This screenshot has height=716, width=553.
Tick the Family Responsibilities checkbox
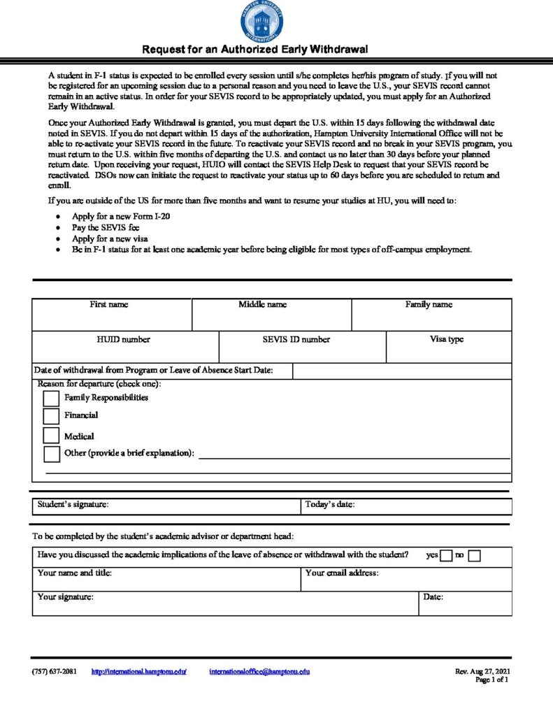coord(51,399)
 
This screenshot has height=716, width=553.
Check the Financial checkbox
coord(51,416)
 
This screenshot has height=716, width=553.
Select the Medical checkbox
coord(51,436)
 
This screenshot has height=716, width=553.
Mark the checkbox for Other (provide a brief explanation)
coord(51,454)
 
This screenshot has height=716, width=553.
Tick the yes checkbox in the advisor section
coord(446,556)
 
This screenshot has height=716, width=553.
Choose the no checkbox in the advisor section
coord(474,556)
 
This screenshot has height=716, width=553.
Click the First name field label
coord(109,305)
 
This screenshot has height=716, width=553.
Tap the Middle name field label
coord(262,305)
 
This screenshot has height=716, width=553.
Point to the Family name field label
coord(429,305)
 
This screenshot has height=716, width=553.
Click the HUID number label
coord(124,340)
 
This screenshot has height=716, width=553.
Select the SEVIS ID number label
coord(292,340)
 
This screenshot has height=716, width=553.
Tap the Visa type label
coord(447,340)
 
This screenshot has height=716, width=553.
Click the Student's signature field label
coord(73,504)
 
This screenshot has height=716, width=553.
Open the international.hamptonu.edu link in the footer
coord(139,671)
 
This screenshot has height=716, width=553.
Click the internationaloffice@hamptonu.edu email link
coord(259,671)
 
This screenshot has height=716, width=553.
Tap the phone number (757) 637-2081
coord(55,671)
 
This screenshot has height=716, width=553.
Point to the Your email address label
coord(343,573)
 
